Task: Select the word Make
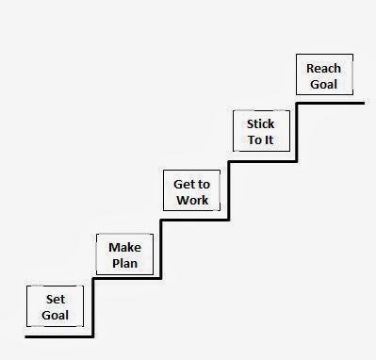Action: [124, 247]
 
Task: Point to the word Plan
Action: [124, 263]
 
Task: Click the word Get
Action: [178, 184]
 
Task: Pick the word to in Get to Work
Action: [201, 184]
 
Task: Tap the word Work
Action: [191, 200]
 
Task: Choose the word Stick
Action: [260, 123]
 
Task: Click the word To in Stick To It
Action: [252, 139]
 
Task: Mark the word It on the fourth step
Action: [270, 139]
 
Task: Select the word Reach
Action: [322, 68]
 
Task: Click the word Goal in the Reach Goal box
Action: [322, 84]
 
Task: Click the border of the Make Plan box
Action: [98, 254]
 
